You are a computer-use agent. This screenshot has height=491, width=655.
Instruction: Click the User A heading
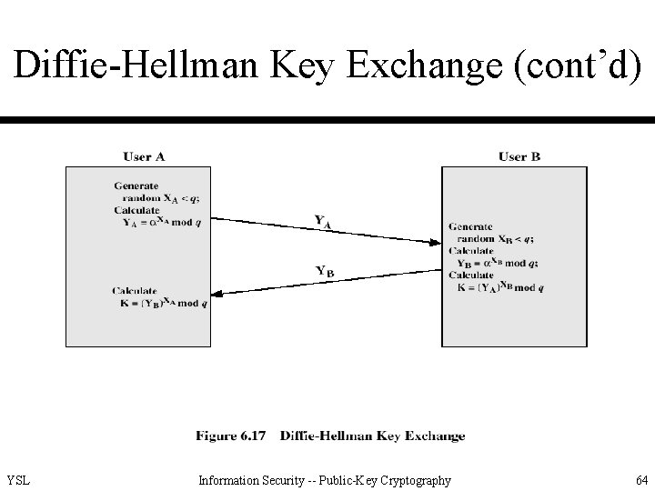click(144, 156)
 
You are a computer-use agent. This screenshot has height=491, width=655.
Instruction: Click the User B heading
click(519, 156)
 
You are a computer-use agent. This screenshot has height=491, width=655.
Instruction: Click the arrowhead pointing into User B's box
click(435, 241)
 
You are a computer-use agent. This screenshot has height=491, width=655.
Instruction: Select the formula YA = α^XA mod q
click(162, 222)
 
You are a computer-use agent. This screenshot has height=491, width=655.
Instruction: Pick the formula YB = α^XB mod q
click(499, 264)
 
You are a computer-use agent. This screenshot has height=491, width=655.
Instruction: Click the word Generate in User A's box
click(136, 186)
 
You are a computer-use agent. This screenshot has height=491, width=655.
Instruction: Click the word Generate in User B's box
click(470, 227)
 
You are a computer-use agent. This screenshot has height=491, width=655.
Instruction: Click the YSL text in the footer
click(18, 480)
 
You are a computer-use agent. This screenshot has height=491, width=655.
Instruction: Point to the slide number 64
click(641, 480)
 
